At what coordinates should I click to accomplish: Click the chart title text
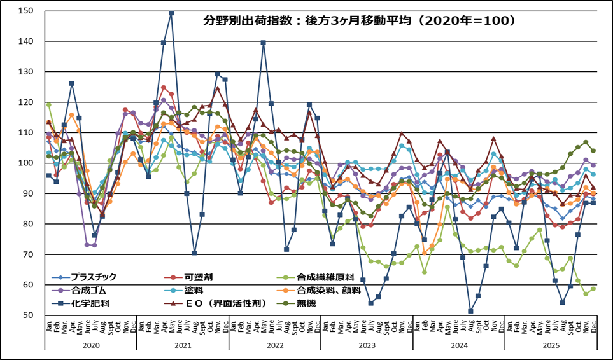pos(358,20)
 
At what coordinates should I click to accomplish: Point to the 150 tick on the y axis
pos(26,11)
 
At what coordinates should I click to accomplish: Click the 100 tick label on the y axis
pos(26,163)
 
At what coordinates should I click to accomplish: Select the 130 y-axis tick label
pos(26,72)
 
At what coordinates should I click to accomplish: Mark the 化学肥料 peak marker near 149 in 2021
pos(171,13)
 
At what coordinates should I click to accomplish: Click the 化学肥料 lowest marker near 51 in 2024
pos(470,311)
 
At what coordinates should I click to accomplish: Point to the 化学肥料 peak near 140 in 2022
pos(263,43)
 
